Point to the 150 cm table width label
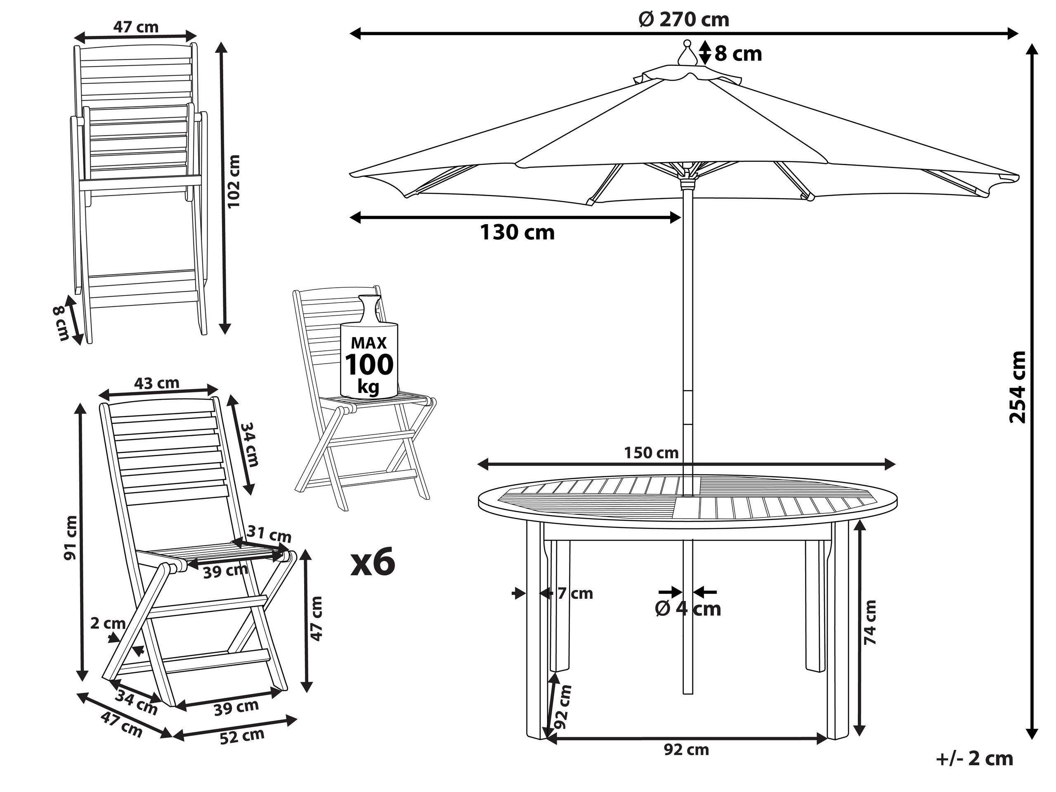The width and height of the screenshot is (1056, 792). click(651, 453)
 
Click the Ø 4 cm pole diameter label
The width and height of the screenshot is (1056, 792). click(687, 609)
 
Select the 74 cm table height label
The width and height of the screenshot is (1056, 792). click(870, 622)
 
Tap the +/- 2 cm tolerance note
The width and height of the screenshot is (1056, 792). click(974, 759)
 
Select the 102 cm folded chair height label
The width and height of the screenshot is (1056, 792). click(234, 181)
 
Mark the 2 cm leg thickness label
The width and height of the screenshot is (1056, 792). click(107, 624)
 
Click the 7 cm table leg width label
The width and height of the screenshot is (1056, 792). click(575, 593)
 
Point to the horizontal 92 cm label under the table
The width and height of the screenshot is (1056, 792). click(686, 750)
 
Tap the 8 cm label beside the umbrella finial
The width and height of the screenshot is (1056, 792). click(737, 54)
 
